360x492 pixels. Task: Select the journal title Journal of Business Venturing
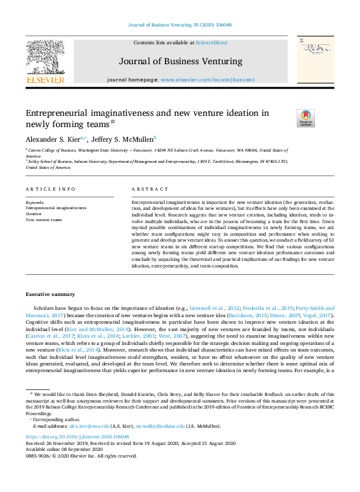pyautogui.click(x=180, y=62)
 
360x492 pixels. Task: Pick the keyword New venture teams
pyautogui.click(x=44, y=219)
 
